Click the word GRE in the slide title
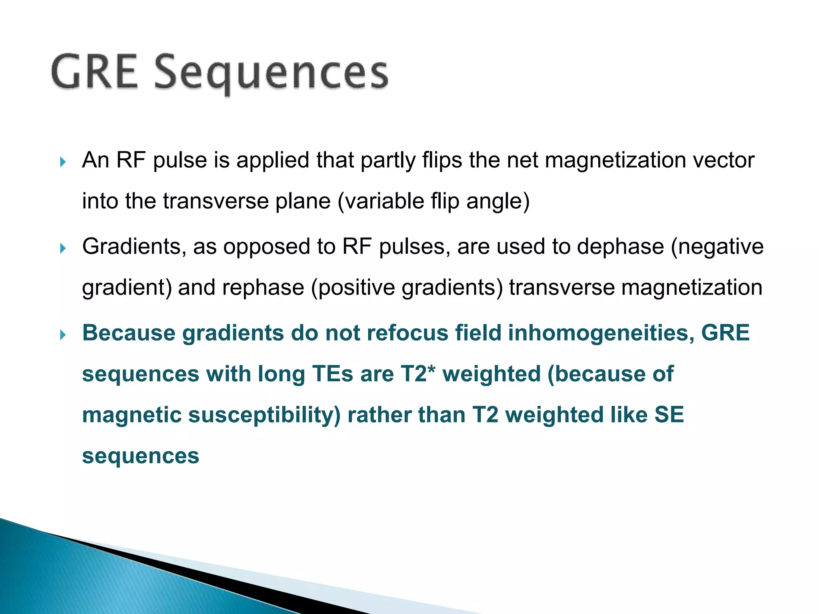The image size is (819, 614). coord(94,72)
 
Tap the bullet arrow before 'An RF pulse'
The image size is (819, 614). coord(62,162)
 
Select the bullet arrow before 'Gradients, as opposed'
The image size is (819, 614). coord(62,249)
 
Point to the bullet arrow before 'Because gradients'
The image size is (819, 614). coord(62,335)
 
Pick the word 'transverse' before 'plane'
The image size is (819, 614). coord(216,201)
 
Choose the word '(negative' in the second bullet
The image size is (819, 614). coord(717,247)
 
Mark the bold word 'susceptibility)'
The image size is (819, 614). coord(264,415)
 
